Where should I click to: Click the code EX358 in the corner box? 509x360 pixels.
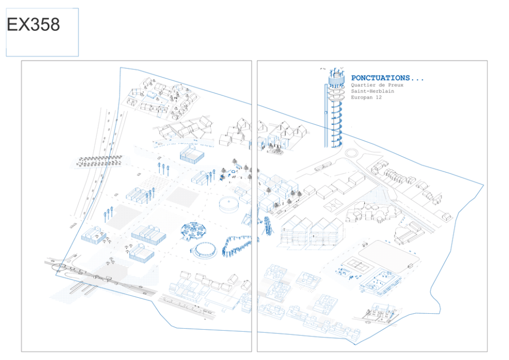click(x=33, y=24)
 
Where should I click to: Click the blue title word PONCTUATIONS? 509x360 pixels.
click(x=381, y=78)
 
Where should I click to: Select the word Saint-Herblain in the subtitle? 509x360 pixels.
click(x=373, y=91)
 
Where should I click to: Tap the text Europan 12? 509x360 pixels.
click(x=366, y=98)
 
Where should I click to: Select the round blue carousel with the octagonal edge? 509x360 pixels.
click(x=194, y=231)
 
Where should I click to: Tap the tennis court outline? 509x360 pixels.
click(x=357, y=264)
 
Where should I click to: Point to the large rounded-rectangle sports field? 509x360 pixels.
click(x=388, y=257)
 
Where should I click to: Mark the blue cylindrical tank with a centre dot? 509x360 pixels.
click(x=229, y=204)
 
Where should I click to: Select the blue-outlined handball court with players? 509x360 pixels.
click(x=380, y=281)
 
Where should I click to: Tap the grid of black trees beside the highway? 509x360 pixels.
click(x=99, y=161)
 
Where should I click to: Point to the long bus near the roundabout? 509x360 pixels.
click(x=323, y=167)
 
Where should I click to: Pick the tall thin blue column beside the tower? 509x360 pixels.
click(x=326, y=116)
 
